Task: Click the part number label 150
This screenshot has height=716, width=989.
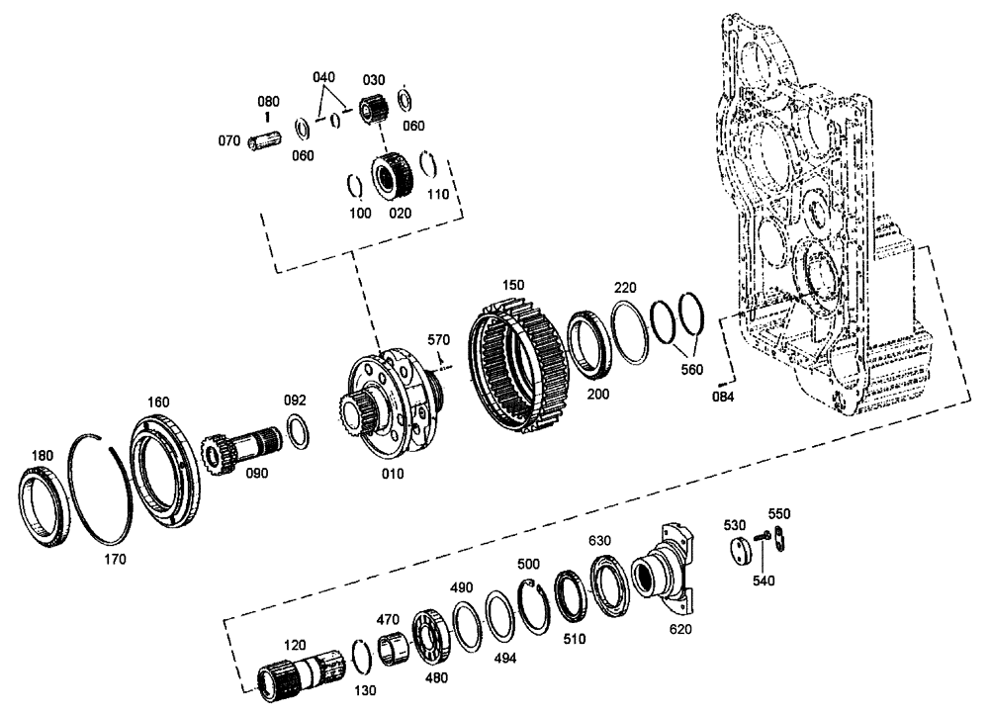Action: (x=512, y=285)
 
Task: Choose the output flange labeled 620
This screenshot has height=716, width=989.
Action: (x=668, y=574)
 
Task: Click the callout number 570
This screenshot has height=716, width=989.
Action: (x=438, y=340)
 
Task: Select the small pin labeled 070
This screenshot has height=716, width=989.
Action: (x=264, y=141)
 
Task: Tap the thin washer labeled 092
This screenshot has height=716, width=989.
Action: (x=296, y=432)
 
